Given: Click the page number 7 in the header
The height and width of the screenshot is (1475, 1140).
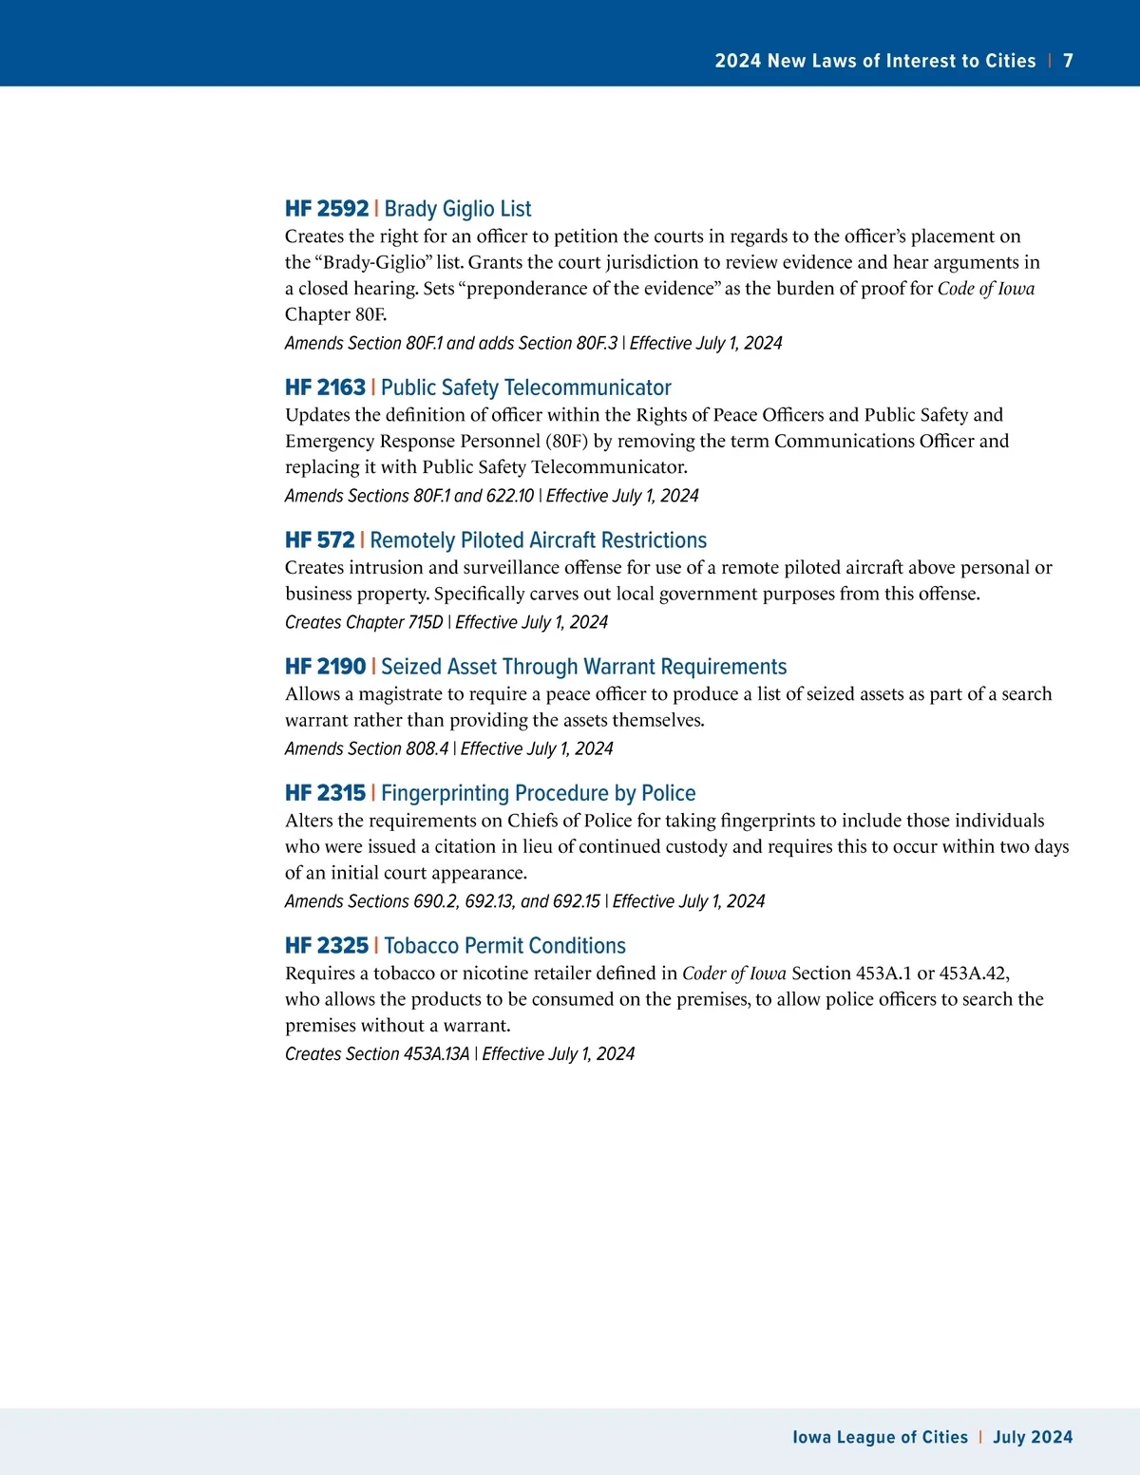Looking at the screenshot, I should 1068,61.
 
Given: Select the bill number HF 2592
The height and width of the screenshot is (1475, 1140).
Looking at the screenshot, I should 326,209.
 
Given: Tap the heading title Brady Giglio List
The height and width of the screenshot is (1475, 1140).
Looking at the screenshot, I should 457,209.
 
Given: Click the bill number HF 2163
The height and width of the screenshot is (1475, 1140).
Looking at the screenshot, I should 325,388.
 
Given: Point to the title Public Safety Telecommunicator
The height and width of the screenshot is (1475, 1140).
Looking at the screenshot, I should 525,388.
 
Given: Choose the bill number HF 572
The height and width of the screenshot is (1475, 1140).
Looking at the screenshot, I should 319,540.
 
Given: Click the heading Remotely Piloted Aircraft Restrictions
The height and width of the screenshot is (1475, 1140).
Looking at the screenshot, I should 538,540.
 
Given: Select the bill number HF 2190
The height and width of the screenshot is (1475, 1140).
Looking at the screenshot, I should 325,667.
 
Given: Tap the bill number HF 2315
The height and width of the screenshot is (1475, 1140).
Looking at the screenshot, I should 325,793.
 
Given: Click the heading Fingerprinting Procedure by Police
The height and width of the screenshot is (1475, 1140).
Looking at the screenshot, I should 538,793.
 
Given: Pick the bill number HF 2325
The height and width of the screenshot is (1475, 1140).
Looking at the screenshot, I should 326,946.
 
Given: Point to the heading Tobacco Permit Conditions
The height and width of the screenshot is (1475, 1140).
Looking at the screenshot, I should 504,946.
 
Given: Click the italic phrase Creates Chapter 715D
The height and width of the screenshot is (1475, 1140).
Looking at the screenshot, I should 364,622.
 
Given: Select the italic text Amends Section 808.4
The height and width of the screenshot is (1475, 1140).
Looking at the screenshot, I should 366,748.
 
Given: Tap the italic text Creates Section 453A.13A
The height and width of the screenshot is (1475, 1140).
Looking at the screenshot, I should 377,1054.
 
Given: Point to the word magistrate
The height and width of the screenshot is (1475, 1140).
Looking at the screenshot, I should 400,694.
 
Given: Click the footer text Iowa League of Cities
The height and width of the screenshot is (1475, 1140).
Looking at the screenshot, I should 880,1437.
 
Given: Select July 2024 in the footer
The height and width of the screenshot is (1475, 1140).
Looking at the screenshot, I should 1033,1437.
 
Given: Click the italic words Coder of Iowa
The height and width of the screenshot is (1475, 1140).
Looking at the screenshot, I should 733,974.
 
